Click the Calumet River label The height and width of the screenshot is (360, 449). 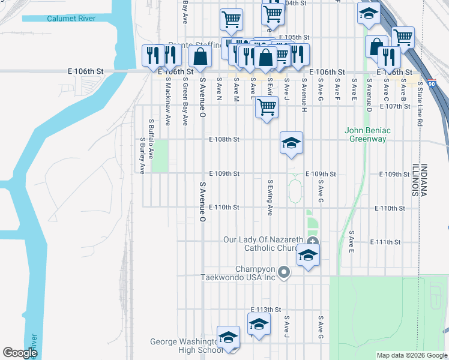coord(71,19)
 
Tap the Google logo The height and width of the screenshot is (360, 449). coord(20,353)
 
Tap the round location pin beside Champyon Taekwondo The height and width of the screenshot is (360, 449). coord(285,273)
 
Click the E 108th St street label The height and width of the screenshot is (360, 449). coord(224,139)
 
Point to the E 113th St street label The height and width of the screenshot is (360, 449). coord(266,310)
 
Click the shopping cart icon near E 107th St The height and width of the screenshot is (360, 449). coord(267,107)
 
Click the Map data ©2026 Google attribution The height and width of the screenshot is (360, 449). coord(412,355)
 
